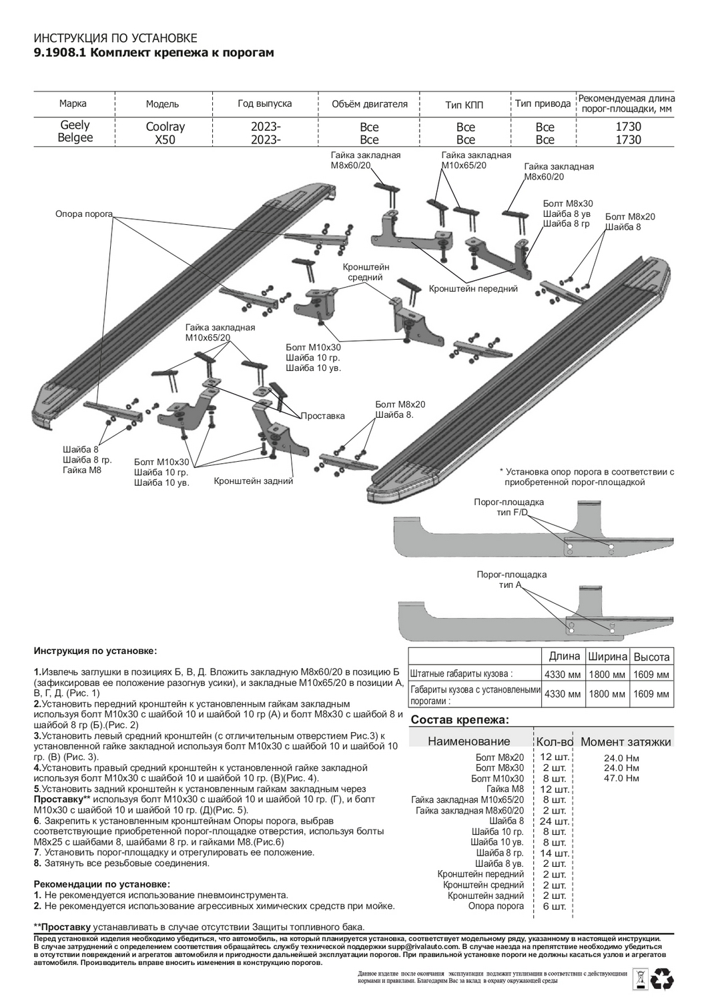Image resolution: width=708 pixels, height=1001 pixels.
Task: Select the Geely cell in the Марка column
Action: pos(75,125)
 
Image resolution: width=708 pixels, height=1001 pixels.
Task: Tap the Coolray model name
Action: pos(165,127)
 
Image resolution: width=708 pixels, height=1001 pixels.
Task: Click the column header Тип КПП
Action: pos(464,105)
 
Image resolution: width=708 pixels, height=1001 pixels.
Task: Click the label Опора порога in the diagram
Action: pos(83,214)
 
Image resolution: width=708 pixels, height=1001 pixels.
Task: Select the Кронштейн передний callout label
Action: pos(473,289)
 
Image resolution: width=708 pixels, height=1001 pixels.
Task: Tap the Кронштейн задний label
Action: pos(253,480)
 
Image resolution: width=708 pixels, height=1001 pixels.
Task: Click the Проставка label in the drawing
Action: pos(322,416)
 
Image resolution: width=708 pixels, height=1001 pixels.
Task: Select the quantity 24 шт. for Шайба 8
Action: pos(554,821)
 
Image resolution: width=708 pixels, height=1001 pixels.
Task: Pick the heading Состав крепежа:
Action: pos(460,720)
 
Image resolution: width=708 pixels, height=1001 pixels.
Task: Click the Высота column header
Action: pos(651,657)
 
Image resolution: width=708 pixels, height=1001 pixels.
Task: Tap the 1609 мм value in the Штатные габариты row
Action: pos(651,675)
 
